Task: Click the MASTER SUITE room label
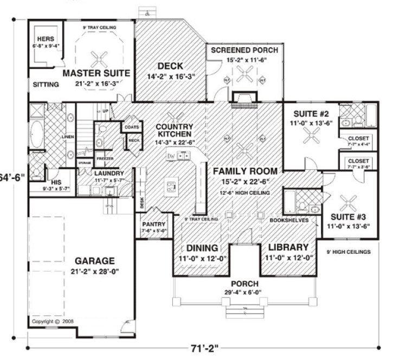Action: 96,72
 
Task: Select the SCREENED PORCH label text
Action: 244,50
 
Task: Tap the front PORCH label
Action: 244,284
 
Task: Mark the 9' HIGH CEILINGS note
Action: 349,252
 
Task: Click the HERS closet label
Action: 43,38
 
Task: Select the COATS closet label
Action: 131,127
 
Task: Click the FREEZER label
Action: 105,159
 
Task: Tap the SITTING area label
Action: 43,85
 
